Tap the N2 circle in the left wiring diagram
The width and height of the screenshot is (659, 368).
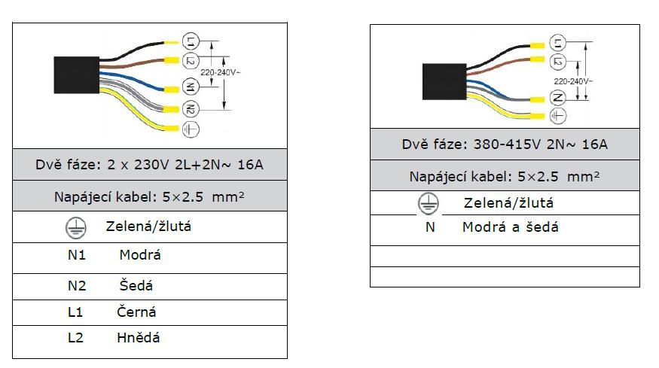(x=191, y=110)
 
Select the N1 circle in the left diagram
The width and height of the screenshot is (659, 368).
(x=191, y=88)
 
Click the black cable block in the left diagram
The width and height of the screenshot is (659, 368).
(x=76, y=75)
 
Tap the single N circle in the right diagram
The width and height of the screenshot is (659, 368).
(x=558, y=98)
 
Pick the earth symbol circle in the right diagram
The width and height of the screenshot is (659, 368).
(x=558, y=116)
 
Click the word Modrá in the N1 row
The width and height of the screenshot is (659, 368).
(x=140, y=255)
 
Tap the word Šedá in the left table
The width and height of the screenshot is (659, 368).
(x=136, y=286)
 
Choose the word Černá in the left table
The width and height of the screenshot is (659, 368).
(x=137, y=312)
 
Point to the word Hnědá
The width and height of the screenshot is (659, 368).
(x=139, y=338)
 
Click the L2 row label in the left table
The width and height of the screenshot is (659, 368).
(x=75, y=338)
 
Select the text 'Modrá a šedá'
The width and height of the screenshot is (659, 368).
(x=511, y=227)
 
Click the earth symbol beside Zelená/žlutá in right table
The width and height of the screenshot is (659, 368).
(x=429, y=203)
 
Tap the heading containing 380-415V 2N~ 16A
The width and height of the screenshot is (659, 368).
(x=505, y=144)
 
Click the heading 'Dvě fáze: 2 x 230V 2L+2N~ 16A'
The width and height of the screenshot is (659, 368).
(x=150, y=165)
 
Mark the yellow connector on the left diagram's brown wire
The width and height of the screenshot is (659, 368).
(x=171, y=60)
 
